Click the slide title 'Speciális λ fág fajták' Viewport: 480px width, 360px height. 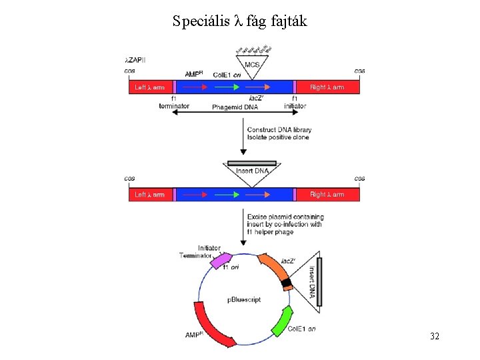(x=239, y=21)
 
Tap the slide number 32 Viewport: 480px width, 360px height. (x=434, y=336)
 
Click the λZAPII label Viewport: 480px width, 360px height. (x=135, y=60)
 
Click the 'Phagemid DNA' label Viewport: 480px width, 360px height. (x=234, y=107)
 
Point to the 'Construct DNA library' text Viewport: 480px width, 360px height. (x=279, y=129)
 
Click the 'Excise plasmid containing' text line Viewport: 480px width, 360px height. (x=285, y=217)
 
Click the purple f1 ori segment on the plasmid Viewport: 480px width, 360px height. (x=221, y=261)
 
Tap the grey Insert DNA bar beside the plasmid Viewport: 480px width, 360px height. (x=323, y=283)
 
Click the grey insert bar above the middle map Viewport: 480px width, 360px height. (x=251, y=163)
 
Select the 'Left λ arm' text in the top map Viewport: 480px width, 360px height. (x=149, y=87)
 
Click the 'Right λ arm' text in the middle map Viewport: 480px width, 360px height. (x=327, y=195)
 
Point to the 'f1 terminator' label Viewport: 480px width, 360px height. (x=174, y=103)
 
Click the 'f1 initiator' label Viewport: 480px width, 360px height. (x=295, y=103)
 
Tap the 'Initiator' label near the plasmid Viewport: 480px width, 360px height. (x=209, y=248)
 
